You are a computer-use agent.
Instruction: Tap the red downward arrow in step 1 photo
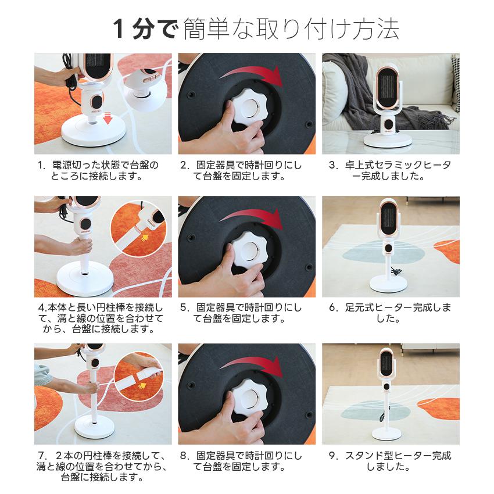(107, 119)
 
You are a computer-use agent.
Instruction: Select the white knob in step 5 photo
(247, 255)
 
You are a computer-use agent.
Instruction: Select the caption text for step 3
(390, 170)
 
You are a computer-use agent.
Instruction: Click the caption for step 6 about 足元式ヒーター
(390, 313)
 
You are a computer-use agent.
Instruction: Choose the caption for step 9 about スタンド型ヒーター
(390, 461)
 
